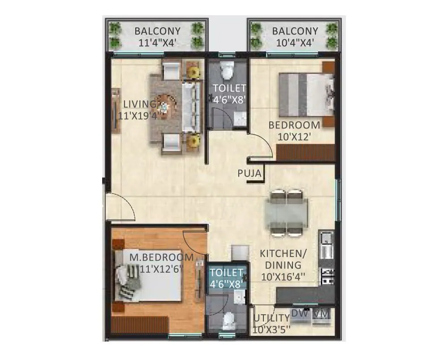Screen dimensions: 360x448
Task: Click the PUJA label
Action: [250, 173]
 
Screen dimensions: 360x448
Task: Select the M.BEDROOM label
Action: [161, 257]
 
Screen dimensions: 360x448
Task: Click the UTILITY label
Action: [271, 318]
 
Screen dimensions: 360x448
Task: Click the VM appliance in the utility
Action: [322, 313]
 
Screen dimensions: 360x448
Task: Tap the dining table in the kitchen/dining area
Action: [286, 212]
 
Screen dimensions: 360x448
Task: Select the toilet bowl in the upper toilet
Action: [228, 70]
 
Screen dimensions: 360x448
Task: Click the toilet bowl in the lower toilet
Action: [229, 321]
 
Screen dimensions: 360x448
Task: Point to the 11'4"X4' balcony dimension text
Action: [157, 43]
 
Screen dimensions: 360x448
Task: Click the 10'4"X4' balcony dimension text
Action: [295, 43]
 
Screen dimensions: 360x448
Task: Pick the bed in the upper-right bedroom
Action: [306, 94]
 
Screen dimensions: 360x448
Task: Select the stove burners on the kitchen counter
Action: [327, 276]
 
